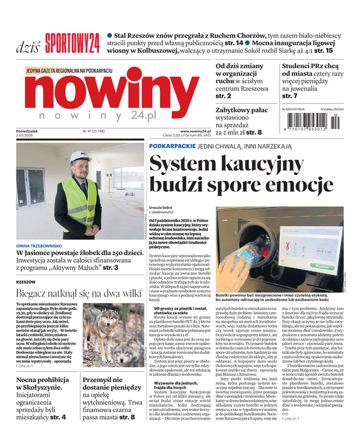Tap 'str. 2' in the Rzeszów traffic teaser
point(223,96)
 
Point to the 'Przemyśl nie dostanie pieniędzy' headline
point(111,386)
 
